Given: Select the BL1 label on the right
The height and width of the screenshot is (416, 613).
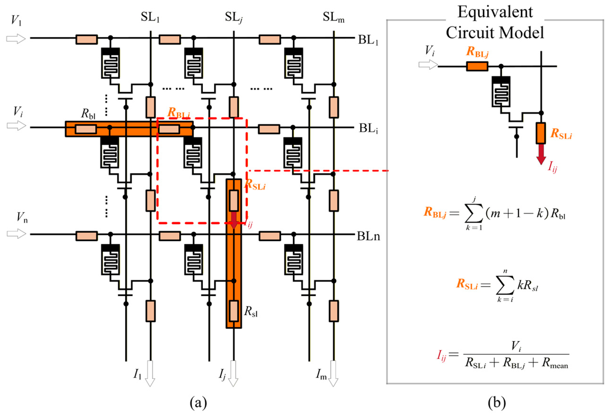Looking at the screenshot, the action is pos(368,40).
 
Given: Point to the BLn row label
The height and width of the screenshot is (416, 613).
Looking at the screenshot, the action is pos(368,236).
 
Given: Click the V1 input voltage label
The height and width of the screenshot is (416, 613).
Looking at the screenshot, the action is pos(16,20).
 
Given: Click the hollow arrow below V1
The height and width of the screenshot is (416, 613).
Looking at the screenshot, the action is pos(16,39).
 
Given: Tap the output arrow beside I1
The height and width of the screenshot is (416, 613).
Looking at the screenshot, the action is pos(150,373).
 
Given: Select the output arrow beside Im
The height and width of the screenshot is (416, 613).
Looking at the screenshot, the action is pos(333,373).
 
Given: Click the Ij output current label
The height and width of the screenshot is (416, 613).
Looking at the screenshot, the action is pos(222,375).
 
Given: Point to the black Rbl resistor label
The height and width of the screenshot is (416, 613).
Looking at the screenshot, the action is pos(88,114).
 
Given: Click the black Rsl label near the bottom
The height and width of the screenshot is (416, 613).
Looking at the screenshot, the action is pos(251,311).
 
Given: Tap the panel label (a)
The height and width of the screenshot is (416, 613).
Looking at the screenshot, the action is pos(198,403).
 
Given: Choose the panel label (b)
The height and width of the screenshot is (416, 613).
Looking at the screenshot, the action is pos(497,403).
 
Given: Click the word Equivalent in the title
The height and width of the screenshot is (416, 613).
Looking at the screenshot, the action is pos(495,13).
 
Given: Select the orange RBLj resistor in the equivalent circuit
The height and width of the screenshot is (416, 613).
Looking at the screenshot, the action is pos(477,66).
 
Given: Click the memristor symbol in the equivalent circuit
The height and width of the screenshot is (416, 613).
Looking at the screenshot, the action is pos(501,91).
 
